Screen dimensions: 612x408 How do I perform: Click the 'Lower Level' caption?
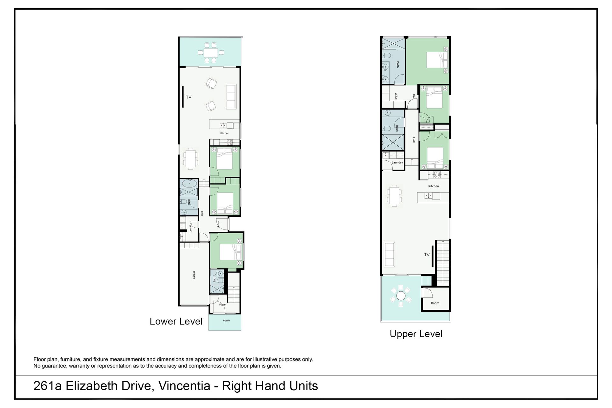coord(176,321)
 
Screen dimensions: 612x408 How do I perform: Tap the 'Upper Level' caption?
coord(416,334)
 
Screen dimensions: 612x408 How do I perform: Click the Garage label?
coord(194,275)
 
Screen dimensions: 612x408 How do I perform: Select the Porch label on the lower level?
coord(226,321)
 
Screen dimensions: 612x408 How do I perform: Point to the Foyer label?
coord(222,305)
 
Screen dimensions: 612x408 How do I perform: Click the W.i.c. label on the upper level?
coord(396,97)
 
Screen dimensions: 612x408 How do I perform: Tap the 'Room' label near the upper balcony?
coord(435,303)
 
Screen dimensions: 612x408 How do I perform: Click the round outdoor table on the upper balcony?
coord(401,296)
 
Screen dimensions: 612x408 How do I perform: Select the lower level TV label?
coord(189,97)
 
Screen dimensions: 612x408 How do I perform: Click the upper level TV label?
coord(427,255)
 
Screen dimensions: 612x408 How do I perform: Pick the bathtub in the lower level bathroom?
coord(189,183)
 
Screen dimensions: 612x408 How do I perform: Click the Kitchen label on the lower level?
coord(225,133)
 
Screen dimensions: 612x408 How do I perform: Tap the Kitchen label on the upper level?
coord(433,186)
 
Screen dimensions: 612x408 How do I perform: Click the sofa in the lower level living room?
coord(231,96)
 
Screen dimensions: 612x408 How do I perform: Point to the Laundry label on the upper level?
coord(397,163)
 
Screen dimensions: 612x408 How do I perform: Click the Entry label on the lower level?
coord(219,224)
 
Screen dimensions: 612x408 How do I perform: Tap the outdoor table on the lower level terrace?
coord(210,52)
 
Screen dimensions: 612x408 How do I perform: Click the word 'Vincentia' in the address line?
coord(185,386)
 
